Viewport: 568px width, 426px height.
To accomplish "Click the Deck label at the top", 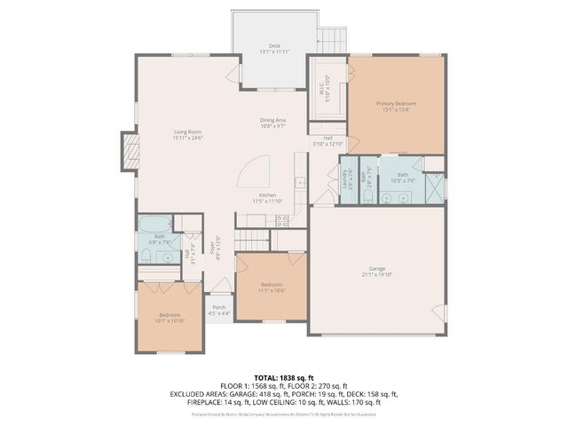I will click(x=274, y=49).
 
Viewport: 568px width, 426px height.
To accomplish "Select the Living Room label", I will click(x=188, y=135).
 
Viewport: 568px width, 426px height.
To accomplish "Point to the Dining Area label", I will click(x=272, y=122).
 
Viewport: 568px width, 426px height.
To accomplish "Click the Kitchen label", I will click(x=267, y=197).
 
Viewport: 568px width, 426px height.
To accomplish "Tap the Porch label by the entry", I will click(x=218, y=310).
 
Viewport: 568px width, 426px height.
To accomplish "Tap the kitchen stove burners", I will click(x=281, y=223).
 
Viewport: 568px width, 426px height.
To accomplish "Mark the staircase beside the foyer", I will click(x=251, y=240).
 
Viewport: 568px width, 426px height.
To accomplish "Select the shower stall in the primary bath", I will click(x=434, y=188).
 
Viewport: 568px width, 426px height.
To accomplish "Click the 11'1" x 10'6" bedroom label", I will click(x=271, y=288).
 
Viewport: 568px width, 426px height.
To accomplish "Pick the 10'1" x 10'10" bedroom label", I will click(x=170, y=318).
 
